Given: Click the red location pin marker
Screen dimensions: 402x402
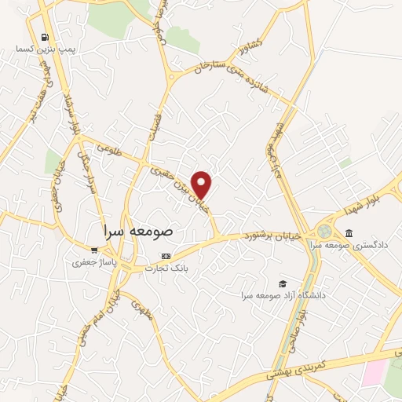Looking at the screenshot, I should point(203,184).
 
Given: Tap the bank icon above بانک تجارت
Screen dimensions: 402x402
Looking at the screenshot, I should point(166,256).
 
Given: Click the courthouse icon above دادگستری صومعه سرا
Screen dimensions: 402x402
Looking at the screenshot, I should point(349,233).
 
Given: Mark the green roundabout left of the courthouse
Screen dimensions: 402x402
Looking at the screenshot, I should point(323,232).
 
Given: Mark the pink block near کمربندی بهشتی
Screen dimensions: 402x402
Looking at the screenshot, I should point(374,372).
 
